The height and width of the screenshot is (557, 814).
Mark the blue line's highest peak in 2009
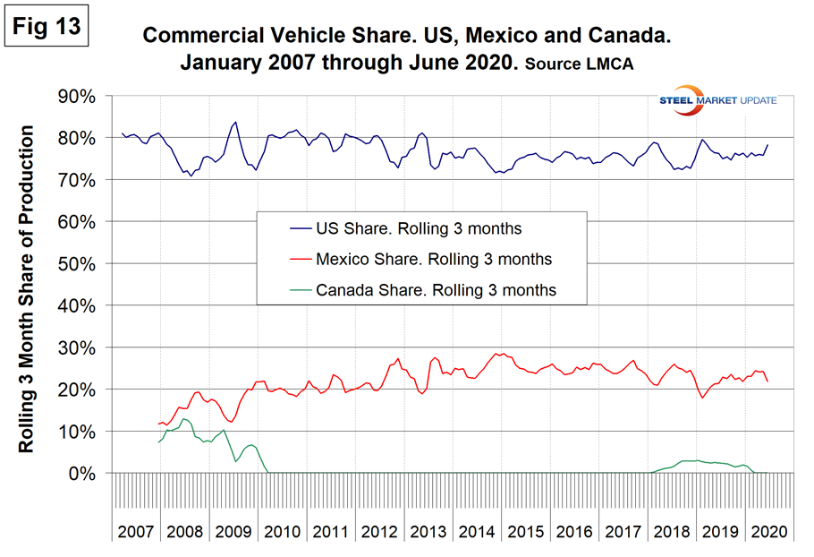pos(235,122)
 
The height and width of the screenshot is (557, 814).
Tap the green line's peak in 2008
pos(183,418)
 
